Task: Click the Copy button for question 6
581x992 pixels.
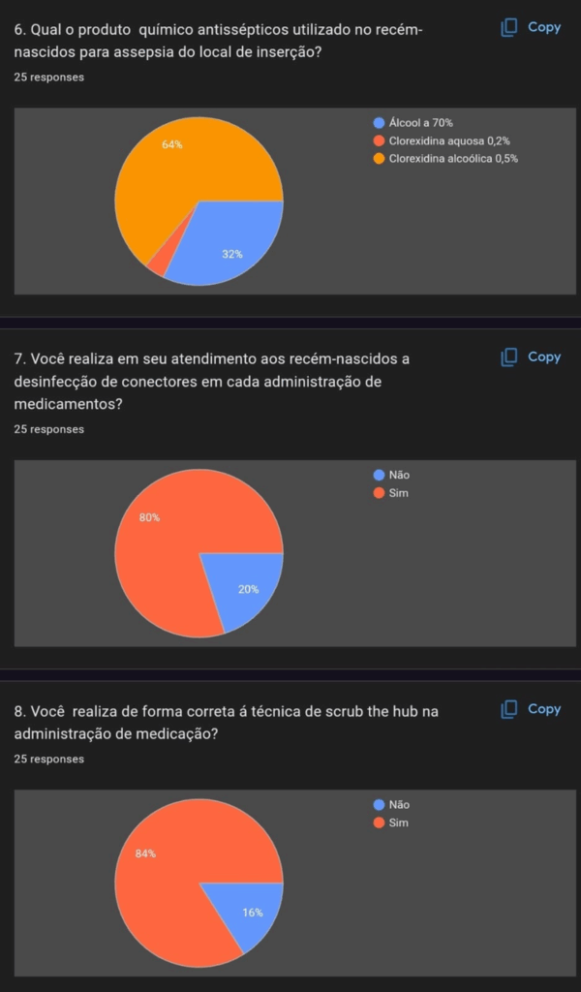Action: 532,28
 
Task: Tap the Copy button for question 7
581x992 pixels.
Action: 532,357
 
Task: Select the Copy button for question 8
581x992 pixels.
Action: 532,709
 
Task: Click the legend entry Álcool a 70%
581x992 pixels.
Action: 419,123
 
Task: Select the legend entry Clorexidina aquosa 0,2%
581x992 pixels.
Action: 447,140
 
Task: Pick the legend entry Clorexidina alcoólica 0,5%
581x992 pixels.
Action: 452,158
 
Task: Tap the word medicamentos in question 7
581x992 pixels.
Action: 69,405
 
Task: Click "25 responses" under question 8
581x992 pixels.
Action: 49,759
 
